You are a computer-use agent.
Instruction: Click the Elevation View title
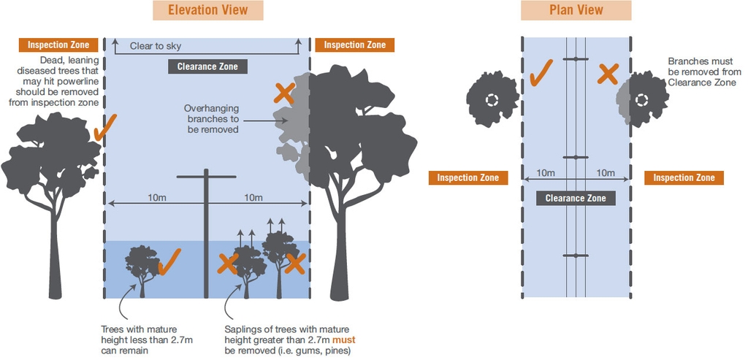207,10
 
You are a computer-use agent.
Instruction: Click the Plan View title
576,10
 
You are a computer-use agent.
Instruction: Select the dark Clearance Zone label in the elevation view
207,66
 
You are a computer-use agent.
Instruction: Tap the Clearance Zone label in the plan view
576,198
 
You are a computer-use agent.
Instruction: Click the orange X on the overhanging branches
285,93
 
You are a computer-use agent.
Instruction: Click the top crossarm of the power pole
207,176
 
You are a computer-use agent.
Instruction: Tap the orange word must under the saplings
343,340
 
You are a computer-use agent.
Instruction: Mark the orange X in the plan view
608,73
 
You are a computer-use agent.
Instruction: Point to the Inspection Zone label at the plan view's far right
684,177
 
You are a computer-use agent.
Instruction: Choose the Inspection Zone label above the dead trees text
58,45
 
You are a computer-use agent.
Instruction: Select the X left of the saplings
228,264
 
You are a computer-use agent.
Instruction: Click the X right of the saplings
295,264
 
